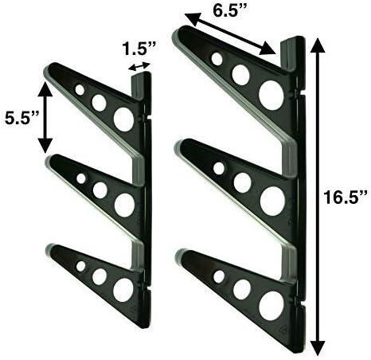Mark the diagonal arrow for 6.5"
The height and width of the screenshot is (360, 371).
click(230, 35)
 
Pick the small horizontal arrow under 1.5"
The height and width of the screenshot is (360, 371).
click(140, 68)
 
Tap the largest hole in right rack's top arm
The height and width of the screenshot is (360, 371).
click(271, 96)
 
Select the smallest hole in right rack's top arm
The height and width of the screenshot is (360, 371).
click(217, 59)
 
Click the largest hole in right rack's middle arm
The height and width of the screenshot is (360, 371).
click(271, 200)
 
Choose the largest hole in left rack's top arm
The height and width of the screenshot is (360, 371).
click(123, 119)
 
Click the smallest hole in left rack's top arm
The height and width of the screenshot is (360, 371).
click(80, 90)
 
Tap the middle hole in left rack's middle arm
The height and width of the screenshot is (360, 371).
click(100, 190)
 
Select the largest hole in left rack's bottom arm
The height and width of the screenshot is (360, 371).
click(123, 290)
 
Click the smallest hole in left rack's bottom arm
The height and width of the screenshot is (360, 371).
click(80, 266)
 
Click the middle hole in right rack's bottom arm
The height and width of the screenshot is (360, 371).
click(241, 288)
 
